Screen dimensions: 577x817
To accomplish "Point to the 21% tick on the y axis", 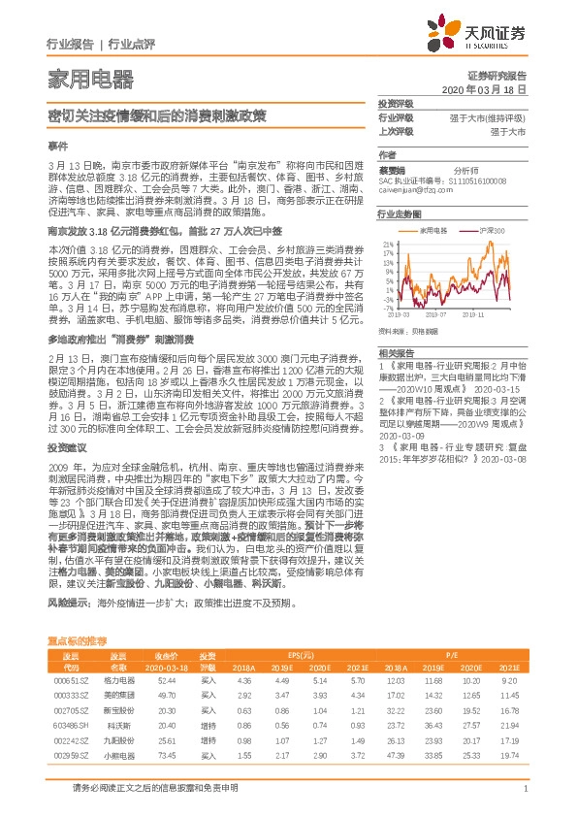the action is coord(388,243).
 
